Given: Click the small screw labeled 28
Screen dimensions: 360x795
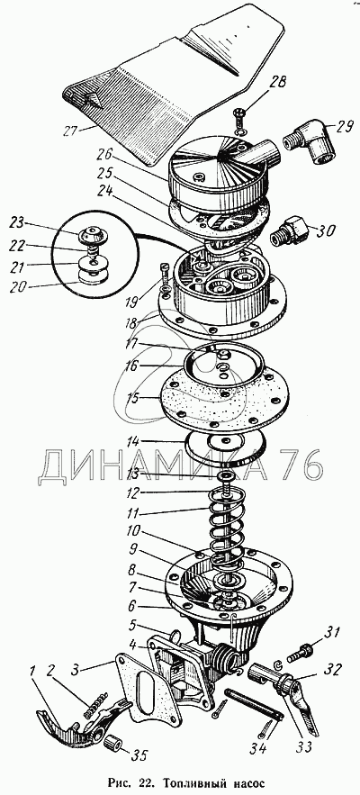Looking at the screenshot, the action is pyautogui.click(x=240, y=117).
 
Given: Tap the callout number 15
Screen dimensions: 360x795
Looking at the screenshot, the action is pyautogui.click(x=132, y=399).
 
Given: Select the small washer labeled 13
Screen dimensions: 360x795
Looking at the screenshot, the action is pyautogui.click(x=224, y=475).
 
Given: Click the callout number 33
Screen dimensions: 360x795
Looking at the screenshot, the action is pyautogui.click(x=304, y=746).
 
